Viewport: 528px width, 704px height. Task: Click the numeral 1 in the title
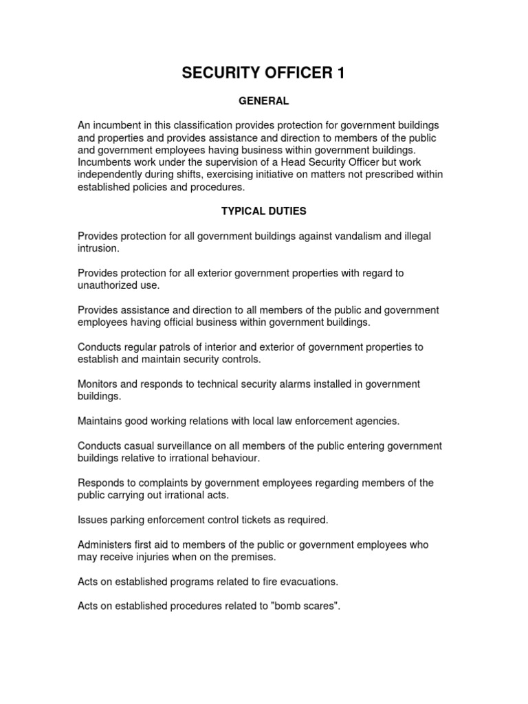pos(340,74)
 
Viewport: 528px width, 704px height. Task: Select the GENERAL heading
pos(264,101)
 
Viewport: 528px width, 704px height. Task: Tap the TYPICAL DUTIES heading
pos(264,212)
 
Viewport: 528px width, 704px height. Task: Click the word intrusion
pos(98,249)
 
